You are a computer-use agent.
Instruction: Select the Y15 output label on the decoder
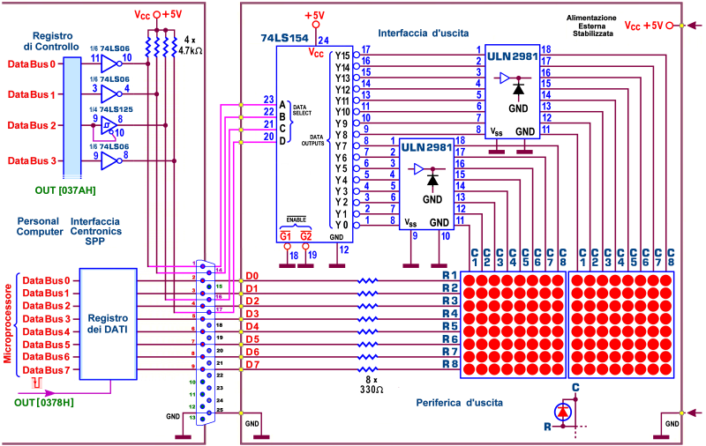pyautogui.click(x=342, y=55)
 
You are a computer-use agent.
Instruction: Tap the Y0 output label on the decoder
pyautogui.click(x=342, y=225)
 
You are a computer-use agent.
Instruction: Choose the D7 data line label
pyautogui.click(x=252, y=365)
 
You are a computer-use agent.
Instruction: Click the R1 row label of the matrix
pyautogui.click(x=449, y=276)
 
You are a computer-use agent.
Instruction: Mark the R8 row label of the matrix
pyautogui.click(x=449, y=364)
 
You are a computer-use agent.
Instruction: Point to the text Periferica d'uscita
pyautogui.click(x=459, y=403)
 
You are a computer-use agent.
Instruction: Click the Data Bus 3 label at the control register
pyautogui.click(x=32, y=160)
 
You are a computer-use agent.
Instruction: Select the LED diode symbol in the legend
pyautogui.click(x=562, y=412)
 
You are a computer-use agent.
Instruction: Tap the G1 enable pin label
pyautogui.click(x=285, y=236)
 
